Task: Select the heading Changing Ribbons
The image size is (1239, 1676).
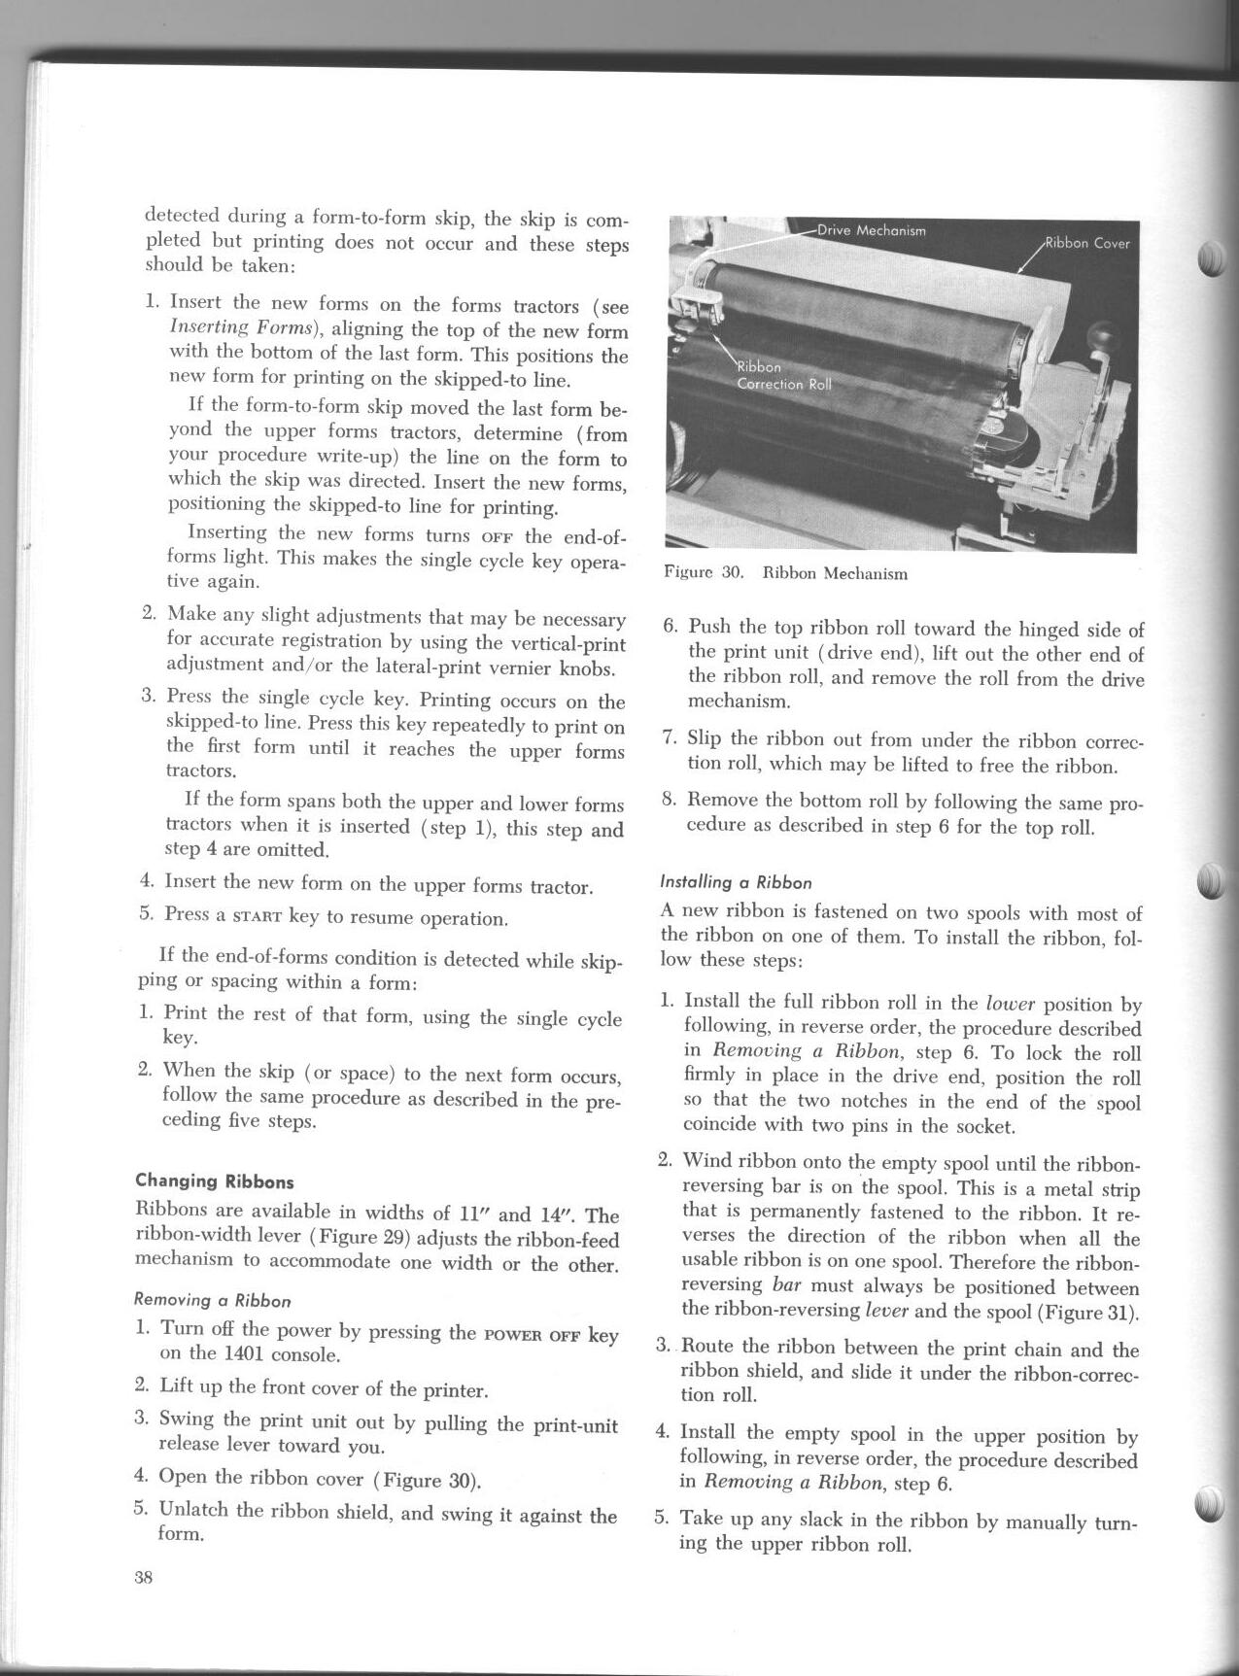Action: [x=214, y=1181]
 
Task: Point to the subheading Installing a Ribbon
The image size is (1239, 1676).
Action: [x=736, y=882]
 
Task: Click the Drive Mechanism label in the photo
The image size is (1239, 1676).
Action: [x=871, y=230]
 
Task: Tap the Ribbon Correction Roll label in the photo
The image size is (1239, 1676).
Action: [x=783, y=376]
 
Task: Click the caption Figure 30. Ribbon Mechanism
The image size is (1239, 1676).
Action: [x=785, y=573]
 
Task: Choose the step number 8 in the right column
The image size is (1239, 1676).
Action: [x=669, y=800]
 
